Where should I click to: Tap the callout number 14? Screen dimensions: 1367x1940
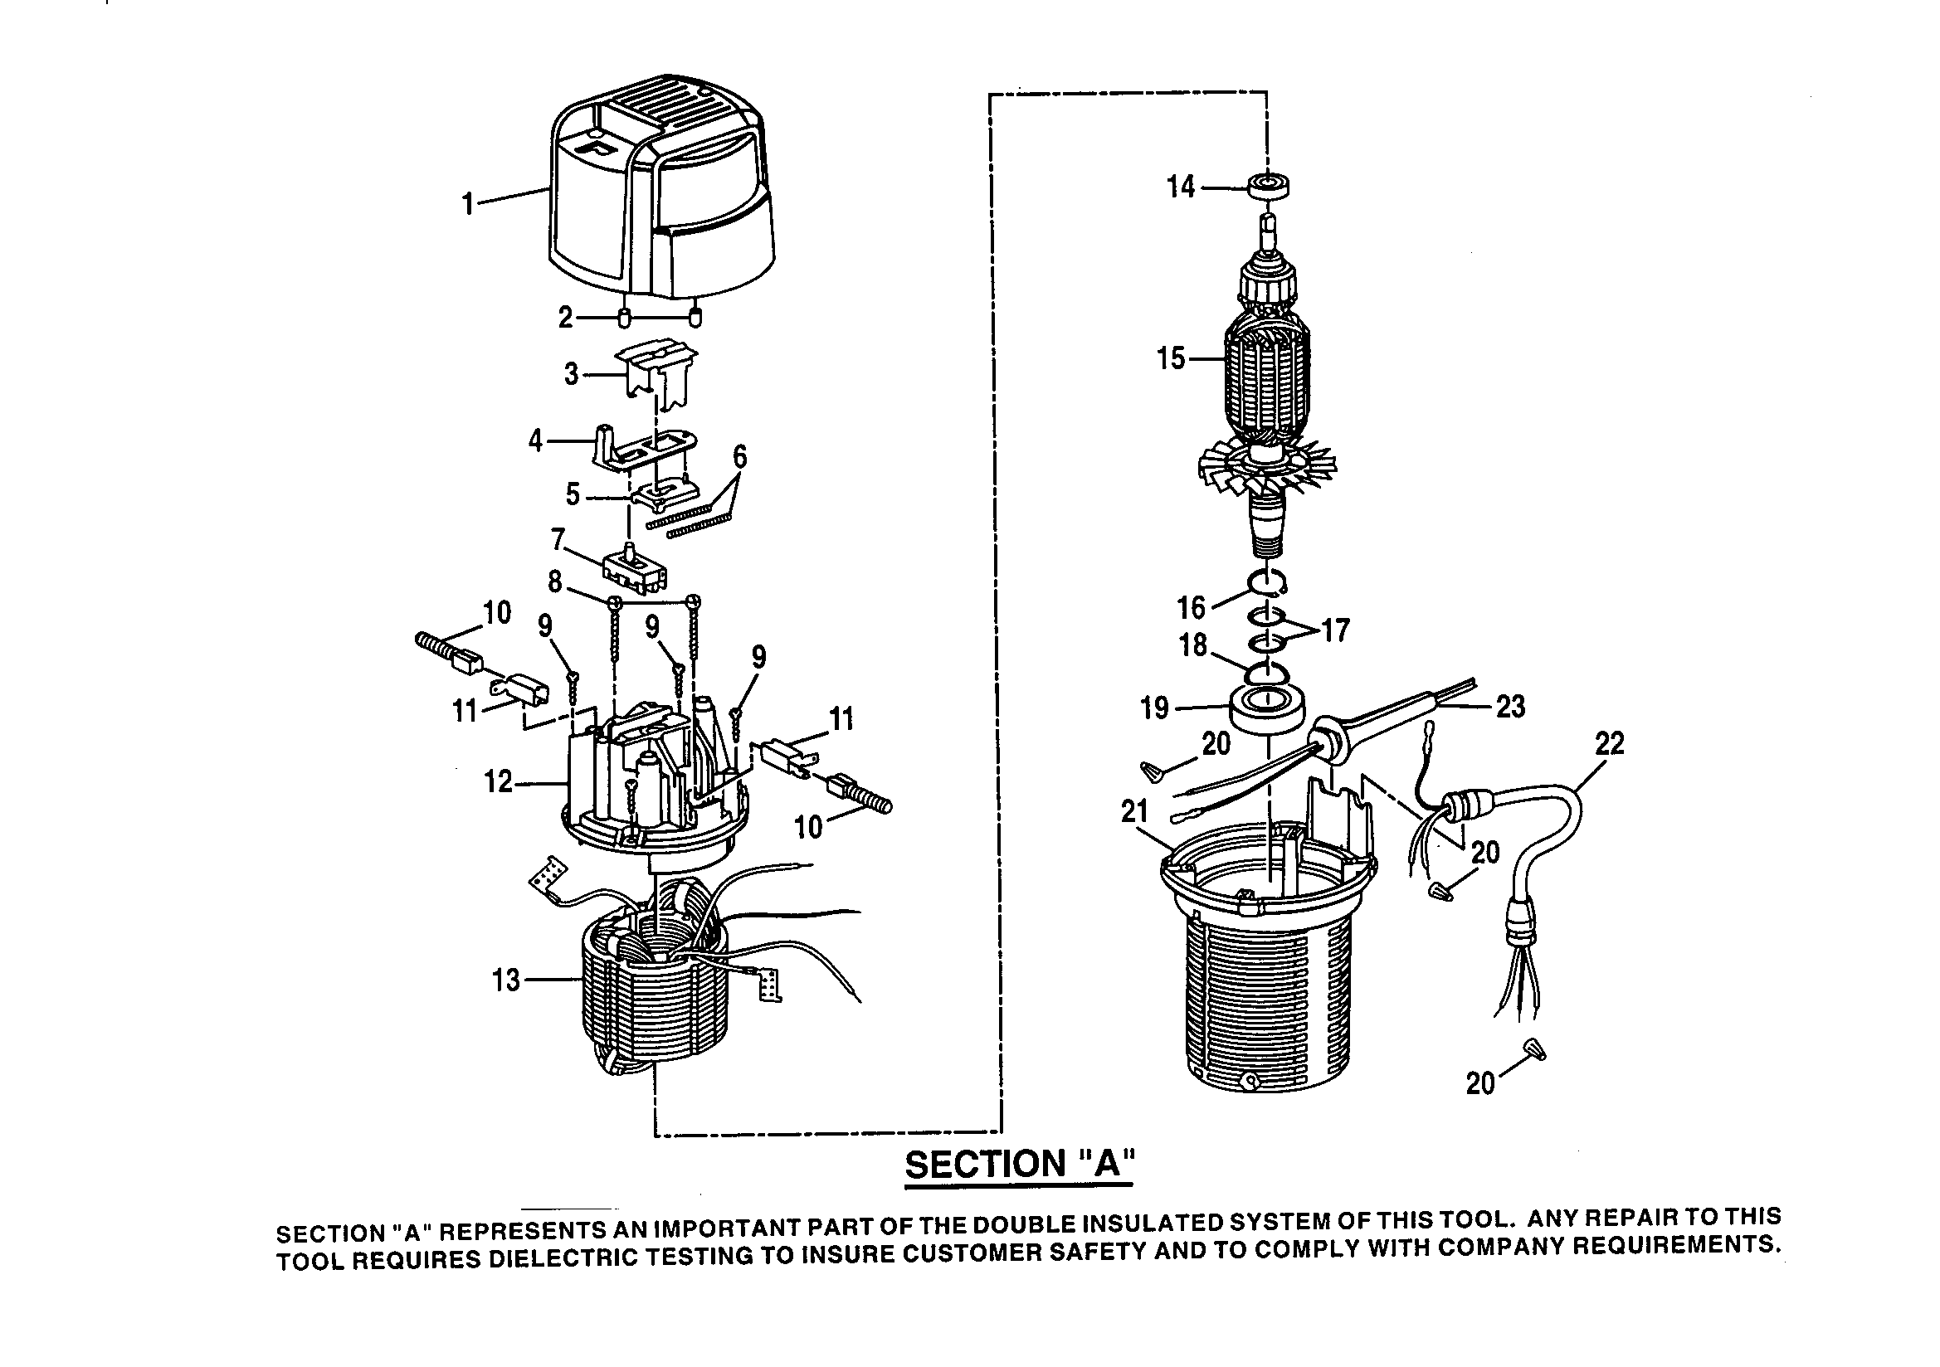(x=1181, y=187)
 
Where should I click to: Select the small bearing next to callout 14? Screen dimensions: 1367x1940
(x=1268, y=186)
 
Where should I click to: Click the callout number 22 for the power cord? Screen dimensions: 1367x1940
(x=1609, y=744)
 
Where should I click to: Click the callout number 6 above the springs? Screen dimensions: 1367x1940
(x=739, y=457)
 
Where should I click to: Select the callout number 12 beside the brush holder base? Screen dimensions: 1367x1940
(x=498, y=782)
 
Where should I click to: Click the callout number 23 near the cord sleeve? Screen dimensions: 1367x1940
(x=1510, y=707)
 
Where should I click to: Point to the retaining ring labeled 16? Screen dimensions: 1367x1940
(x=1266, y=583)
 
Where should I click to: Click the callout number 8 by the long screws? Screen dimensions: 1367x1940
(x=554, y=581)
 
